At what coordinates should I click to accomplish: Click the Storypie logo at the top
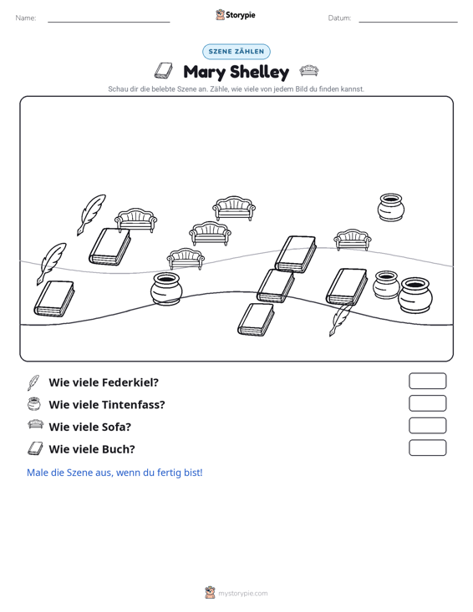(x=236, y=15)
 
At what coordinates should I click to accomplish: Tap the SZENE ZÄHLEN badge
(x=237, y=52)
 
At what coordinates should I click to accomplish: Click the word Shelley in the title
(x=260, y=72)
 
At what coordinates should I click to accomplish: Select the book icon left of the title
(x=163, y=71)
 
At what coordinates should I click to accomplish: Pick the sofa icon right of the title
(x=309, y=71)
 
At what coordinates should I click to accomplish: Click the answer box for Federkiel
(x=427, y=381)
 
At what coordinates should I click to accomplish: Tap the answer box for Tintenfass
(x=427, y=403)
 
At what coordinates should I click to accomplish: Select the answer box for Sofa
(x=427, y=426)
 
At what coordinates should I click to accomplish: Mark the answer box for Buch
(x=427, y=448)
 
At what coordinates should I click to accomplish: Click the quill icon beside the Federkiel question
(x=33, y=382)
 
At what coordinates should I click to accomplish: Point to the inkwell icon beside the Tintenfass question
(x=34, y=404)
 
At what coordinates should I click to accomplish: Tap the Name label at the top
(x=26, y=18)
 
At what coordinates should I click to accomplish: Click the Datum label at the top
(x=339, y=18)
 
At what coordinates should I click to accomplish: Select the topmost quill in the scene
(x=91, y=215)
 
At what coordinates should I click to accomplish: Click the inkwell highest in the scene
(x=391, y=207)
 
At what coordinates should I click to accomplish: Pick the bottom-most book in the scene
(x=257, y=319)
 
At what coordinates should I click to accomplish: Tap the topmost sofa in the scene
(x=234, y=208)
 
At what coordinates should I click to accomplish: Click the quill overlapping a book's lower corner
(x=340, y=319)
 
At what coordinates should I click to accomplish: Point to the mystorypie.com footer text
(x=242, y=594)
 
